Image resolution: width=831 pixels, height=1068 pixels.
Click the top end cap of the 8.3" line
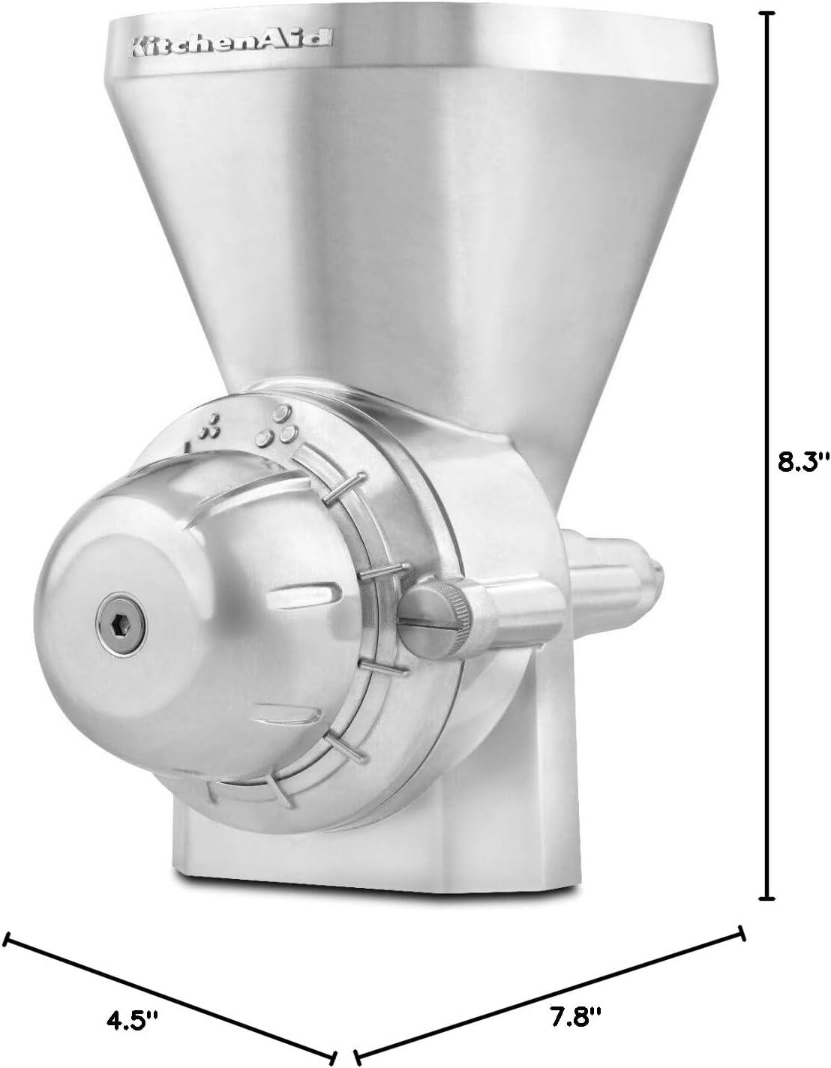(766, 13)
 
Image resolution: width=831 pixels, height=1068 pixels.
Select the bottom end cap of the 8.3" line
(766, 897)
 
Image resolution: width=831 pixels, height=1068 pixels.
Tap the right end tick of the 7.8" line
(742, 933)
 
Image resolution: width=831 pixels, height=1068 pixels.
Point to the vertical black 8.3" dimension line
(766, 300)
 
